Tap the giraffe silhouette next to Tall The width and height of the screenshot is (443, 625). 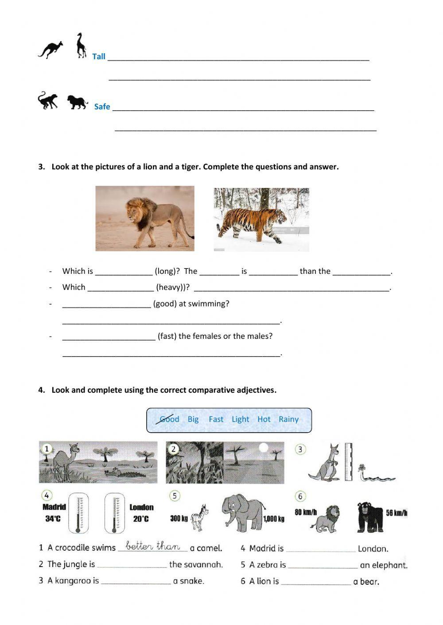[81, 45]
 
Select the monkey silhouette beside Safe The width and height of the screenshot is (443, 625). [48, 100]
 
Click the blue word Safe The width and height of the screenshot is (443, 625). [102, 107]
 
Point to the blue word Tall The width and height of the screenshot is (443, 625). [99, 56]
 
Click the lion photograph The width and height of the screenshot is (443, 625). [145, 219]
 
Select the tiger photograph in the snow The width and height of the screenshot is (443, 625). [261, 220]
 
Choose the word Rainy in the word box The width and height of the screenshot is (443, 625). [288, 419]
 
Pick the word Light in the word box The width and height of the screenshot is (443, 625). [240, 419]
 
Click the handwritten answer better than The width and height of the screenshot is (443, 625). [153, 546]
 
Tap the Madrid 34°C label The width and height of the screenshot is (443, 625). [54, 513]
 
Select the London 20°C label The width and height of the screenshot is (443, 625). [141, 513]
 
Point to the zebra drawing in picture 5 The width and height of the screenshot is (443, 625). [199, 517]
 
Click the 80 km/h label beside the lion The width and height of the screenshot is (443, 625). [306, 512]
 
